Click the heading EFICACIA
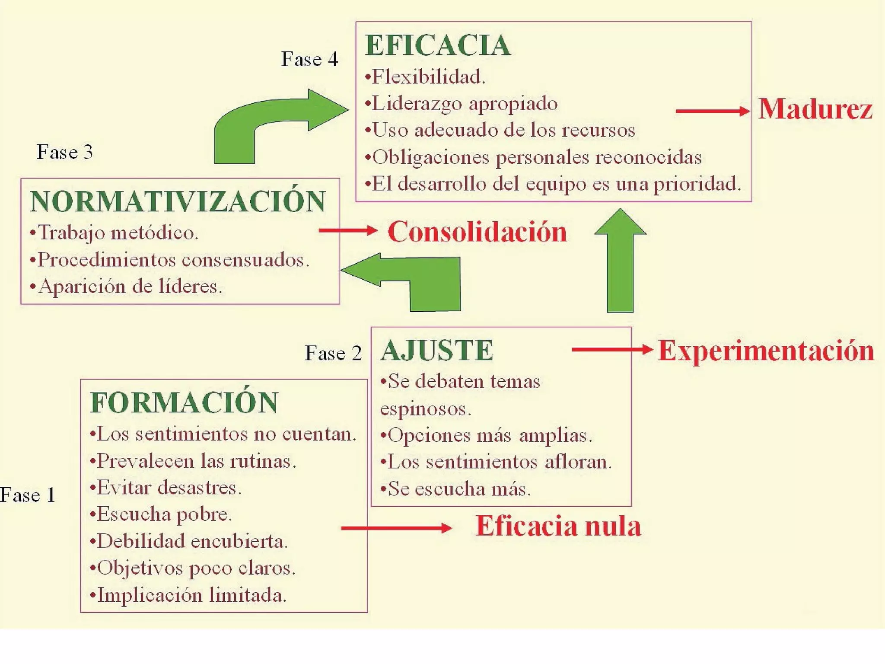[x=438, y=45]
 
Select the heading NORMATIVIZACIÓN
[x=178, y=201]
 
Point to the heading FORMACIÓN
[x=184, y=402]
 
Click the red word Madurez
[x=815, y=109]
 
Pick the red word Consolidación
[x=477, y=232]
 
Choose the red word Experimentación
[x=766, y=351]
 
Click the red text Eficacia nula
[x=558, y=526]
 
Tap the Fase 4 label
[x=309, y=59]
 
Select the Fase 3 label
[x=65, y=152]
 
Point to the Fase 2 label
[x=333, y=353]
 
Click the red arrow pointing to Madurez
[x=712, y=111]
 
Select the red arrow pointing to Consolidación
[x=348, y=230]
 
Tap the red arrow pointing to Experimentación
[x=611, y=349]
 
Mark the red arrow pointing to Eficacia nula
[x=396, y=528]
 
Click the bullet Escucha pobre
[x=161, y=514]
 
